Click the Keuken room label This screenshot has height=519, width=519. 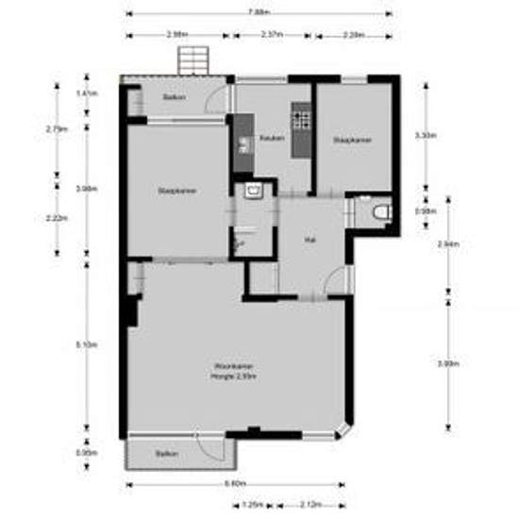point(273,139)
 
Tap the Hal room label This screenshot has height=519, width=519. point(309,241)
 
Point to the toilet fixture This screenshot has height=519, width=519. point(380,212)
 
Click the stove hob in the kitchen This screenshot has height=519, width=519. point(303,119)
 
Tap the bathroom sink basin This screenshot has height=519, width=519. point(253,191)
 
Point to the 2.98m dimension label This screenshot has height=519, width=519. point(176,34)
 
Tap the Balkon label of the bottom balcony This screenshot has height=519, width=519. point(167,454)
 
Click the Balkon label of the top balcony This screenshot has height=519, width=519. point(173,98)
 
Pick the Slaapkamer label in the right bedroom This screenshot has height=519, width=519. point(351,142)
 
